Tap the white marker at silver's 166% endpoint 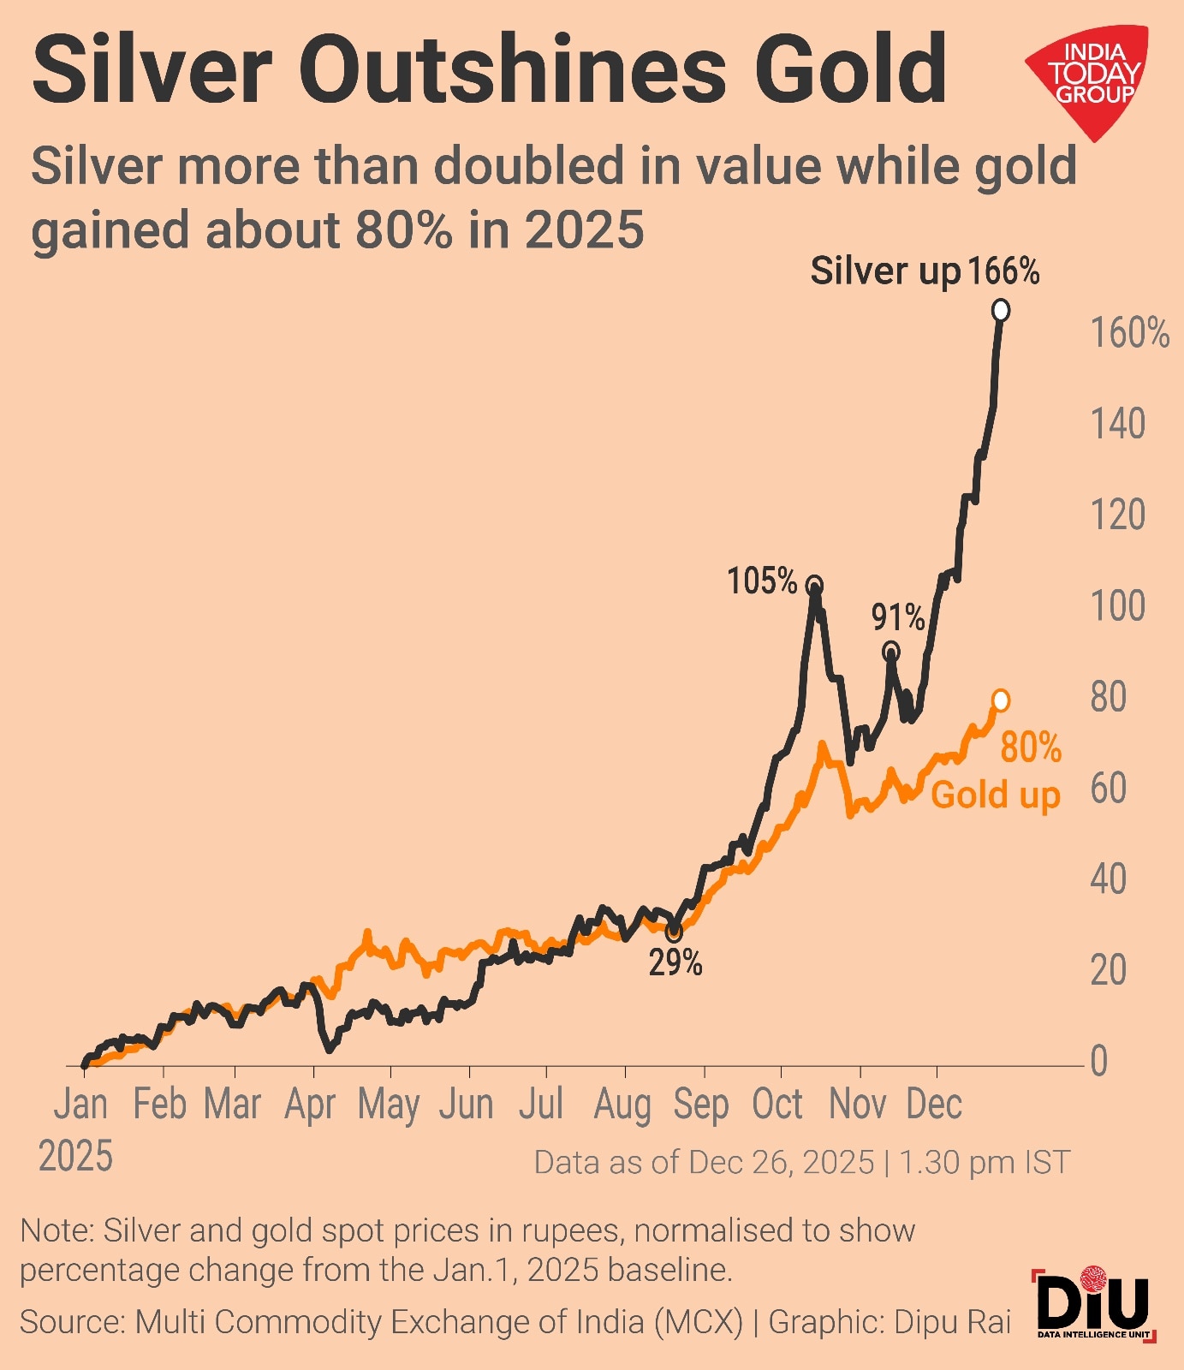point(1000,311)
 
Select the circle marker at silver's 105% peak point(814,586)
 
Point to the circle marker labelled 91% point(891,652)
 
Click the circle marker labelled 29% point(674,932)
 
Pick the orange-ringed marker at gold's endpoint point(1000,700)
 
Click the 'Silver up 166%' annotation point(925,271)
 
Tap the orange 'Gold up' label point(995,795)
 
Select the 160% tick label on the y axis point(1129,333)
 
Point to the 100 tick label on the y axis point(1117,606)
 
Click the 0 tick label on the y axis point(1098,1062)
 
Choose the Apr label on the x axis point(310,1105)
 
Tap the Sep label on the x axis point(700,1105)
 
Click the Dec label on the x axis point(934,1105)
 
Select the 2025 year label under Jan point(75,1157)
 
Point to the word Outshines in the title point(513,68)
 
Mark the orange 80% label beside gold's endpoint point(1031,748)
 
